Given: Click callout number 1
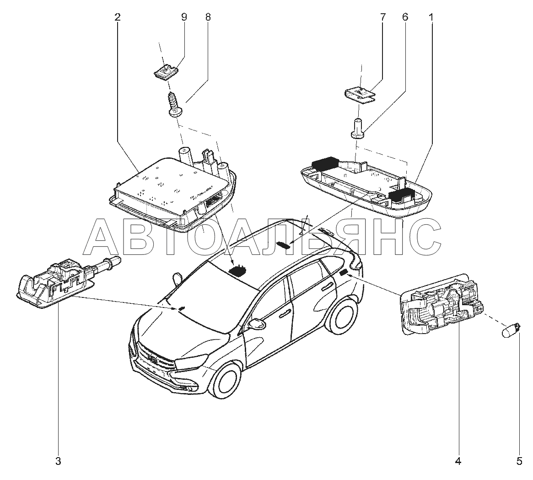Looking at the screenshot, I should click(431, 17).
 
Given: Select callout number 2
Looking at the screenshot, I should click(118, 17).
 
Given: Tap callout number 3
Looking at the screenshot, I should click(58, 461).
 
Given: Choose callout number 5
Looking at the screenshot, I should click(519, 461).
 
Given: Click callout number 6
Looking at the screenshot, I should click(405, 17).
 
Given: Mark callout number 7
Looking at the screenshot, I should click(382, 17).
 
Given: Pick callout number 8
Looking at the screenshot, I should click(208, 17).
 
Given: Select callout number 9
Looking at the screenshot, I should click(184, 17).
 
